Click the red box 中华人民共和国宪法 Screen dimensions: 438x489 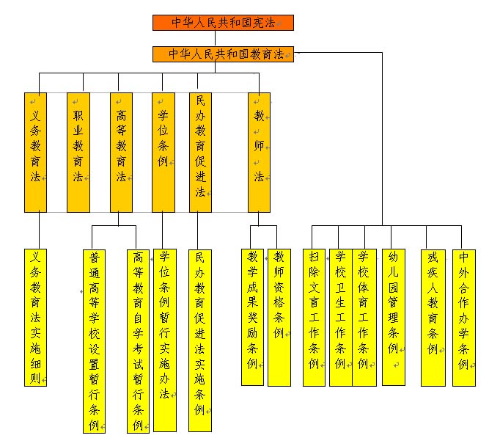coord(223,23)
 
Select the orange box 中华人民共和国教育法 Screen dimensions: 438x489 coord(223,54)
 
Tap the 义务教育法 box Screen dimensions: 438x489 coord(35,152)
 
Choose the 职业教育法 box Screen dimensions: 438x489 coord(78,152)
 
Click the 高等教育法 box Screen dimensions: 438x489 coord(121,152)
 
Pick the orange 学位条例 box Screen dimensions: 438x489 coord(163,152)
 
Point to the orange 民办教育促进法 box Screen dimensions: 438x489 coord(200,152)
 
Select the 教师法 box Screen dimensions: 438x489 coord(259,152)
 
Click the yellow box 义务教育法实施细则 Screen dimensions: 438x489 coord(35,317)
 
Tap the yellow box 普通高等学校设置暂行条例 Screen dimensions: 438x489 coord(94,340)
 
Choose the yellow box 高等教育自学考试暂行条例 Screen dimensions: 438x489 coord(137,340)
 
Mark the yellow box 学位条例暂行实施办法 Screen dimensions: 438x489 coord(164,340)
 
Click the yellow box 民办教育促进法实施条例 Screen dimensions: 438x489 coord(200,340)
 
